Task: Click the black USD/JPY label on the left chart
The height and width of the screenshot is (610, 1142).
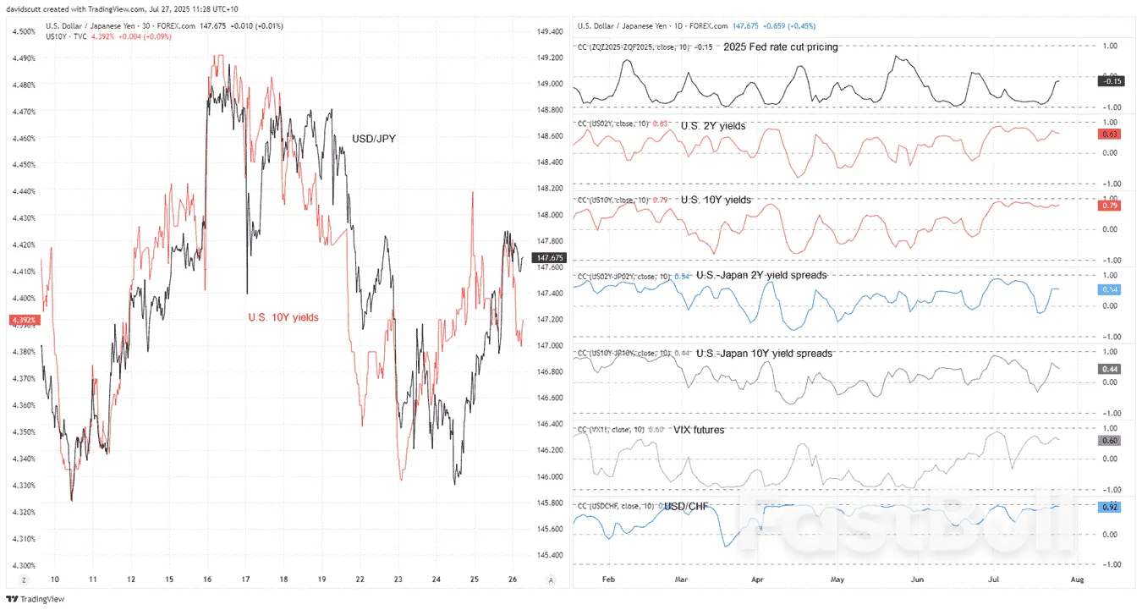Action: click(374, 138)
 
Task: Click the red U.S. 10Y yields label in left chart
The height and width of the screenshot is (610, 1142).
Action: click(283, 317)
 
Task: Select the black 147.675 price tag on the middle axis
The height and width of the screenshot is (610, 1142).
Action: click(550, 257)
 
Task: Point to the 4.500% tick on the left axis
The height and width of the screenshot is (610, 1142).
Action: click(23, 31)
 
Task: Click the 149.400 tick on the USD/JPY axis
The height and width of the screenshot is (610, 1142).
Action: click(551, 31)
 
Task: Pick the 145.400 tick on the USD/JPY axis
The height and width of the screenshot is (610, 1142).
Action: click(551, 555)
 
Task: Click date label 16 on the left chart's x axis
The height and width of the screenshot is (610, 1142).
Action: click(207, 580)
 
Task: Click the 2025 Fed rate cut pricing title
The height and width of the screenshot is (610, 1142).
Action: click(781, 47)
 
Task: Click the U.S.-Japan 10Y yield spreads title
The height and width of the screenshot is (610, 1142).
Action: click(764, 353)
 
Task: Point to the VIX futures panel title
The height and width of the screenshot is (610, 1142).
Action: click(699, 430)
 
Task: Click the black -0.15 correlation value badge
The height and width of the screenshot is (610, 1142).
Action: click(1111, 81)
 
